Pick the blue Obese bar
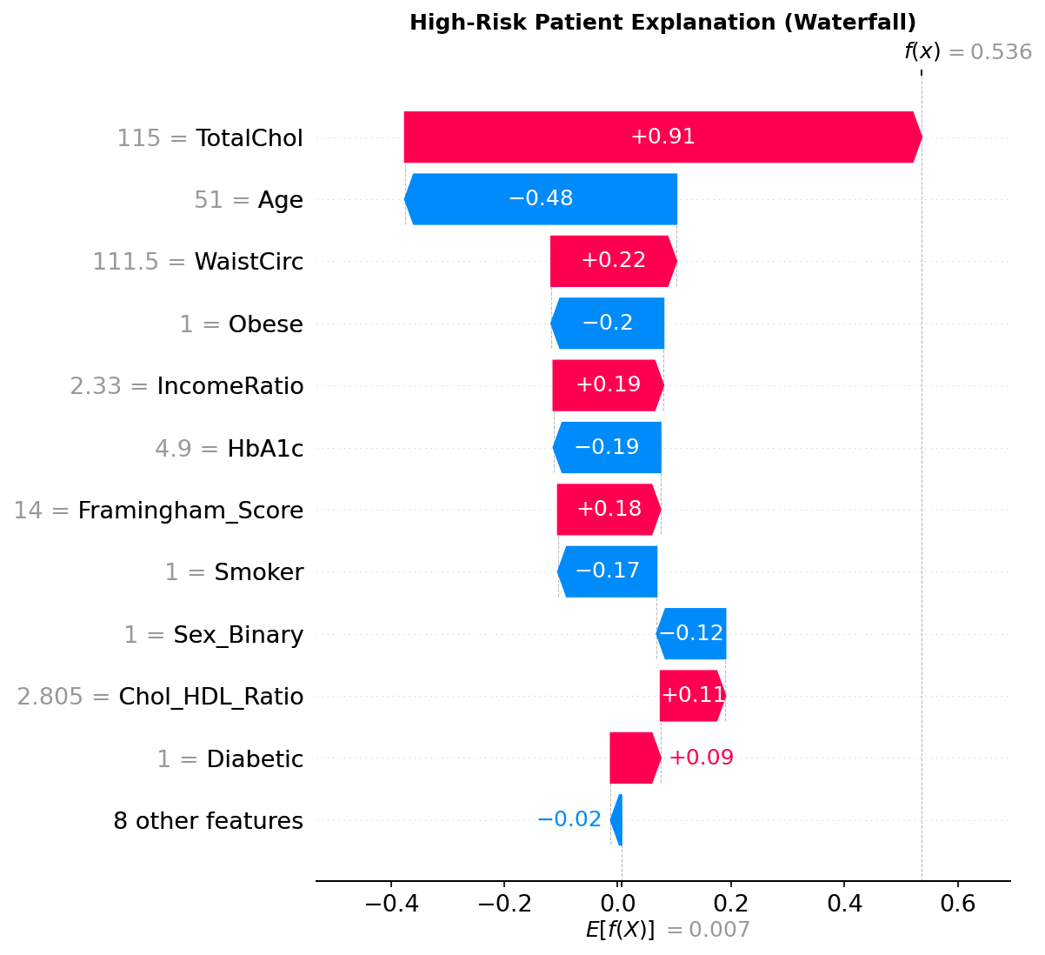(x=608, y=324)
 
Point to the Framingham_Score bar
(x=608, y=510)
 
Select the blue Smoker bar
(x=608, y=571)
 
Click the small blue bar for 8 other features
(x=617, y=820)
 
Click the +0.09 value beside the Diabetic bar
(x=701, y=758)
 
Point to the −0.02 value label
(x=569, y=819)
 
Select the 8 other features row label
(x=209, y=821)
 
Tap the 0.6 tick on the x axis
(x=957, y=904)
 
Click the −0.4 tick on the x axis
(x=391, y=904)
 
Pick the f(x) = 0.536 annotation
(x=968, y=52)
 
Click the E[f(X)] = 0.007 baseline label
(x=668, y=930)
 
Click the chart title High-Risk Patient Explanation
(x=662, y=23)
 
